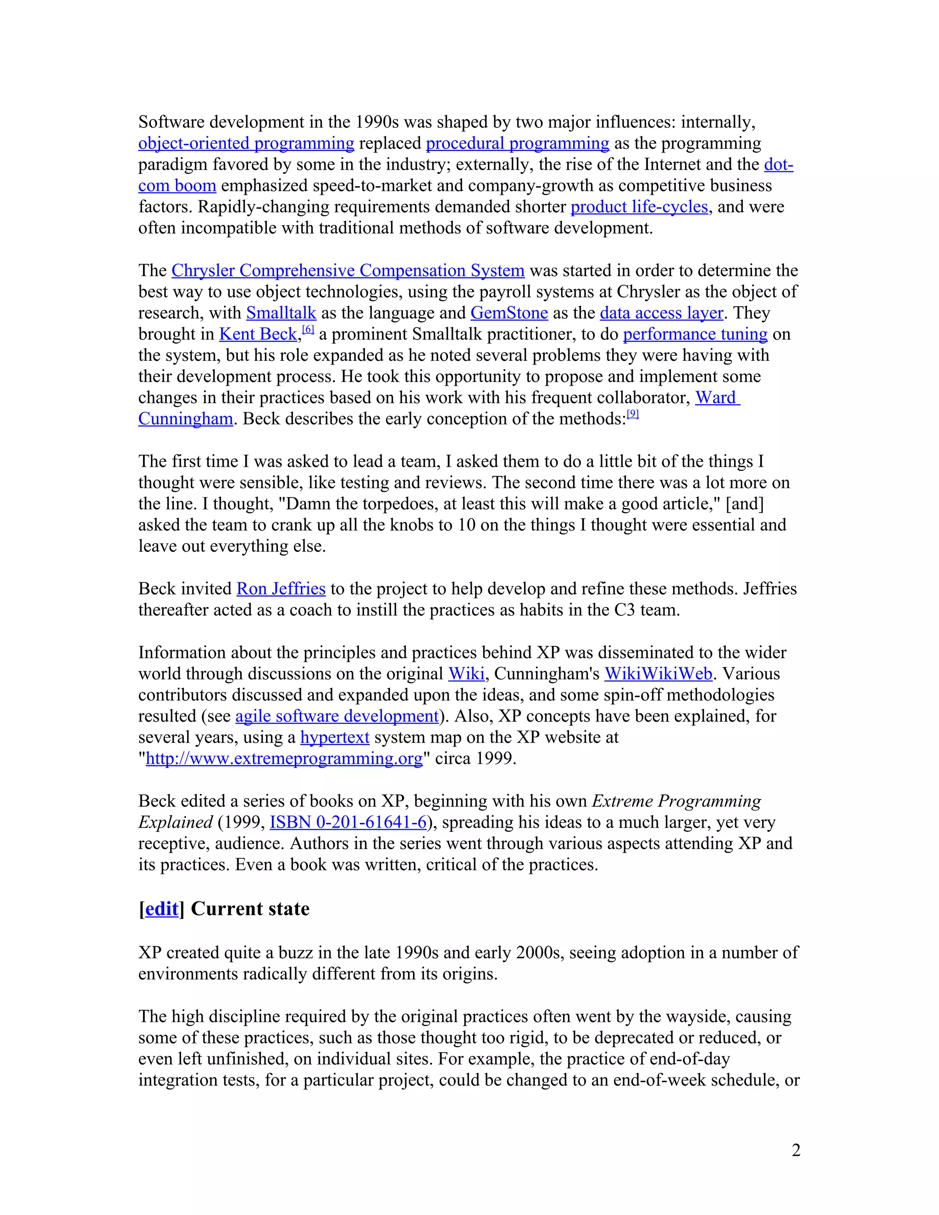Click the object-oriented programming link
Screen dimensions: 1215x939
pyautogui.click(x=246, y=144)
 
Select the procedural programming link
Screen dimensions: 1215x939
pyautogui.click(x=517, y=144)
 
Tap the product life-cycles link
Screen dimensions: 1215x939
pyautogui.click(x=639, y=207)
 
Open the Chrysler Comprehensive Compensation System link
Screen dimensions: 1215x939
pyautogui.click(x=348, y=271)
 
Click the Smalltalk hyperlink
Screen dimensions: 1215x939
pyautogui.click(x=281, y=313)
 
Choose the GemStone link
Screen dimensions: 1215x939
pyautogui.click(x=509, y=313)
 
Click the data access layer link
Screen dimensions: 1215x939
pyautogui.click(x=662, y=313)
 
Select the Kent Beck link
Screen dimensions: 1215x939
pyautogui.click(x=258, y=334)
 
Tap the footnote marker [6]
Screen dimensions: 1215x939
pyautogui.click(x=308, y=330)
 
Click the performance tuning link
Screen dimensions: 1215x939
pyautogui.click(x=695, y=334)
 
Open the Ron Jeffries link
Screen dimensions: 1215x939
pyautogui.click(x=281, y=589)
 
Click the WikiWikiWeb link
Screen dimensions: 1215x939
pyautogui.click(x=658, y=674)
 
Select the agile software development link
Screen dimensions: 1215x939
pyautogui.click(x=337, y=717)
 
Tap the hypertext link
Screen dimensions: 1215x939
pyautogui.click(x=335, y=738)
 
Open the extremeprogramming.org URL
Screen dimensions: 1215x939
pyautogui.click(x=284, y=759)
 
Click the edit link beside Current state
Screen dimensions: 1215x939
pyautogui.click(x=161, y=909)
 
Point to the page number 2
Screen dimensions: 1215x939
pyautogui.click(x=796, y=1150)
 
